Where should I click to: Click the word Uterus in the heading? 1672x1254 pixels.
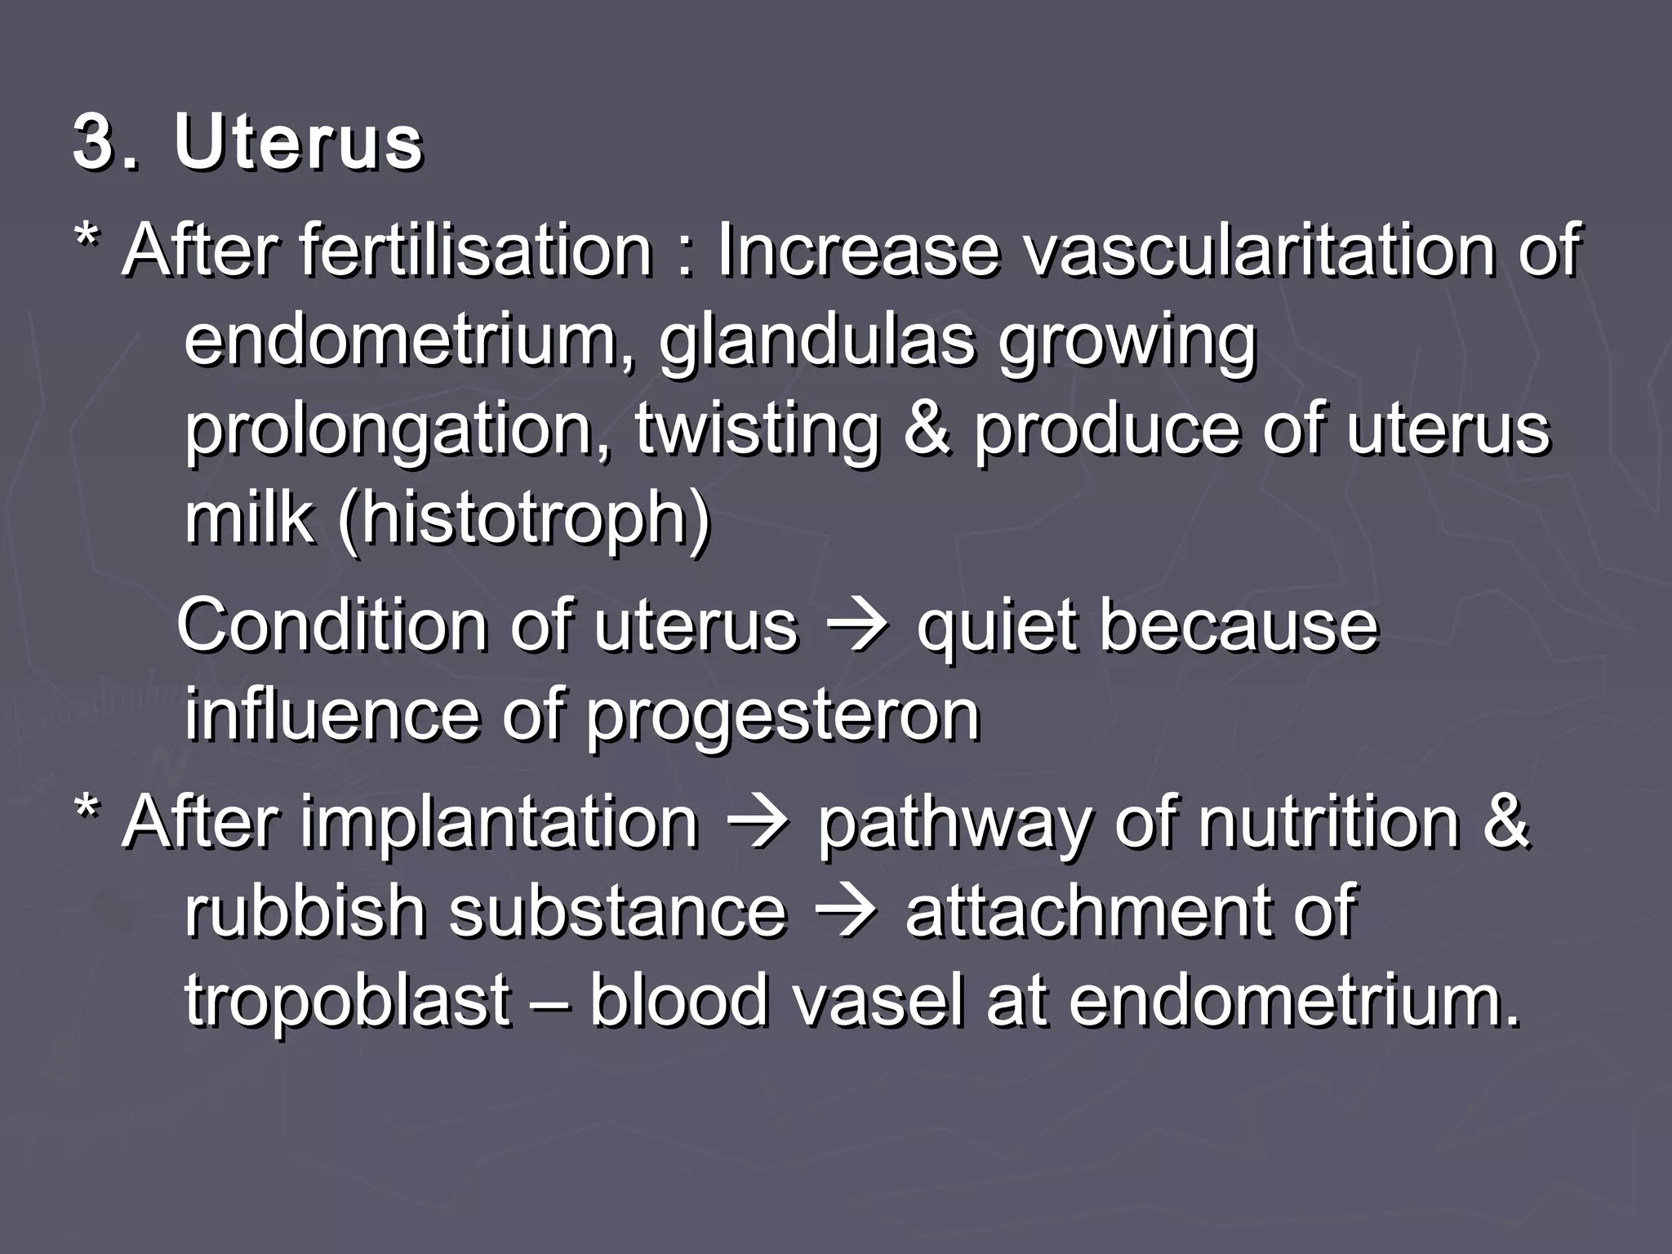(x=298, y=144)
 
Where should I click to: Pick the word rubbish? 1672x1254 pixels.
(x=305, y=910)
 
